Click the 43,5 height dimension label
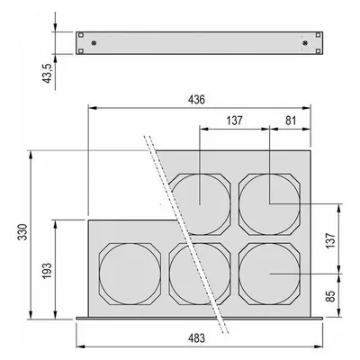(48, 73)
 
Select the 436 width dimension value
(196, 100)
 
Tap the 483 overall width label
(196, 338)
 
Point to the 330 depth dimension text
(23, 231)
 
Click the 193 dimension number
(47, 271)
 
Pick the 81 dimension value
(291, 121)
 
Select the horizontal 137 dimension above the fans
(234, 121)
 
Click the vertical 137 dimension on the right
(330, 240)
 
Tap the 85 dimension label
(330, 296)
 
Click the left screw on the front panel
(94, 43)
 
